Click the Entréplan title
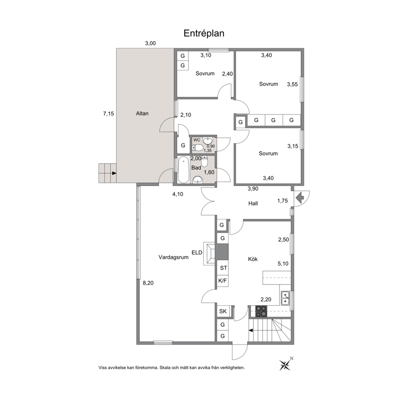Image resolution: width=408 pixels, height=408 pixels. (204, 34)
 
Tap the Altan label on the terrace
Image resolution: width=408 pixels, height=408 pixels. (142, 114)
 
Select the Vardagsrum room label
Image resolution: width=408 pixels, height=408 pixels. (174, 257)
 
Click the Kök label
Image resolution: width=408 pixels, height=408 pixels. (253, 259)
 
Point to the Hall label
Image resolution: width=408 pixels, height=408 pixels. (253, 203)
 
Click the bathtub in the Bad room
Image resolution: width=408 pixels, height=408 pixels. (183, 169)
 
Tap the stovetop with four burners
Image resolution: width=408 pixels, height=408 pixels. (261, 311)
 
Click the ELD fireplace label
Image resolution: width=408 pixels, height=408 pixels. (197, 253)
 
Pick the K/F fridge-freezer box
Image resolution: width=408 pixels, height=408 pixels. (223, 281)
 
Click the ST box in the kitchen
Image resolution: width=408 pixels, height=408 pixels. (223, 268)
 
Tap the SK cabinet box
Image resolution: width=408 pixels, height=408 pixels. (223, 311)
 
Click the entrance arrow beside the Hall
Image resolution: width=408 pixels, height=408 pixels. (300, 197)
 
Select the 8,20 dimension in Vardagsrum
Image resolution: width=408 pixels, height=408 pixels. (148, 283)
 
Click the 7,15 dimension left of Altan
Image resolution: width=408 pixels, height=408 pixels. (109, 114)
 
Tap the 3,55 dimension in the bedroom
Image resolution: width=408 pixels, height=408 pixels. (292, 84)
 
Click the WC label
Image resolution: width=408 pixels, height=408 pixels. (197, 140)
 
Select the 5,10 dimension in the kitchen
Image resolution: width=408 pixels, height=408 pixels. (283, 264)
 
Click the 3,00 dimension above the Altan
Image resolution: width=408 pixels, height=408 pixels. (151, 44)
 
